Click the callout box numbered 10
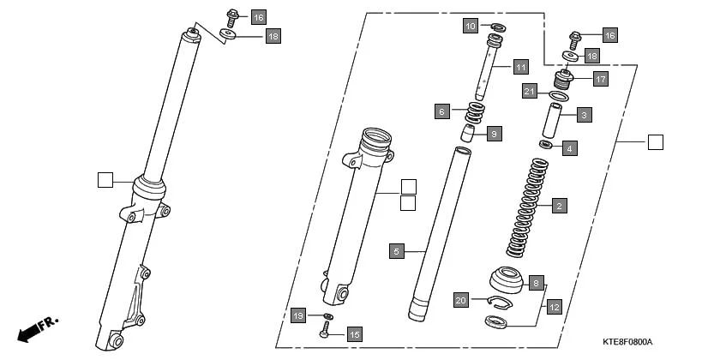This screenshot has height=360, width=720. (470, 26)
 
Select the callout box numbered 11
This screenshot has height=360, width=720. (520, 67)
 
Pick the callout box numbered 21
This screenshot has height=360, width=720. (530, 92)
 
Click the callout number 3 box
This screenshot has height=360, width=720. (584, 114)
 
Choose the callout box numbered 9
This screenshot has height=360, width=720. (494, 134)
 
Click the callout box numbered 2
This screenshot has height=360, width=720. (559, 206)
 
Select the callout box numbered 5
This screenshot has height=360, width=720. (396, 251)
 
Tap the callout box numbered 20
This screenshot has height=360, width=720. (461, 301)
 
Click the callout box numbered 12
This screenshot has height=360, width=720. (554, 306)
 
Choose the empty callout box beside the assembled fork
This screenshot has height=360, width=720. (105, 180)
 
